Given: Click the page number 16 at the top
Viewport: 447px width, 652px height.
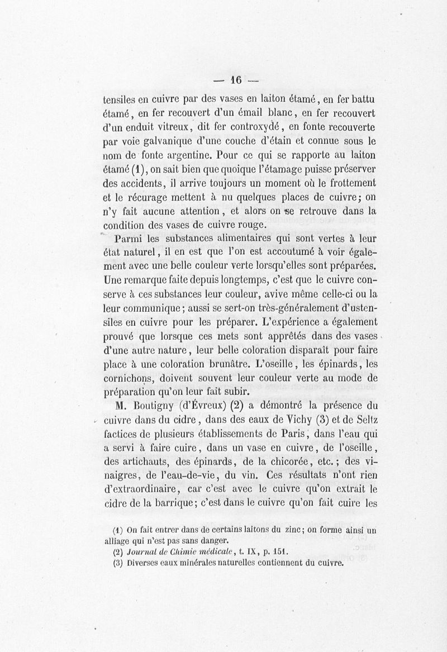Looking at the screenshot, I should (x=235, y=80).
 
